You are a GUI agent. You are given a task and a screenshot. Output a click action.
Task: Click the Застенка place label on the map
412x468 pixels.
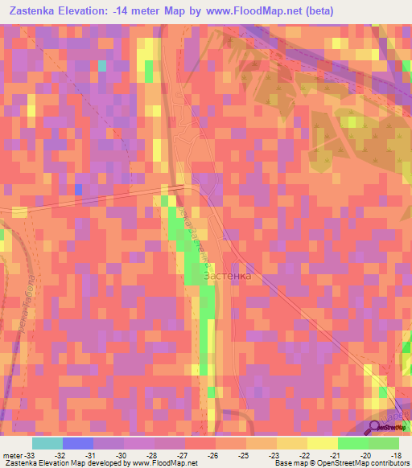(x=228, y=276)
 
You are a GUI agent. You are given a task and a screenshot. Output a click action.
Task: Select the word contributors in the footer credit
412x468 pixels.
(x=385, y=463)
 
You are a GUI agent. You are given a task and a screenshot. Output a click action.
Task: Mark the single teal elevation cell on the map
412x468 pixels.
(x=102, y=66)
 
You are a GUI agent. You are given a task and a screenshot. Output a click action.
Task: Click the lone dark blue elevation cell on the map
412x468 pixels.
(x=78, y=188)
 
